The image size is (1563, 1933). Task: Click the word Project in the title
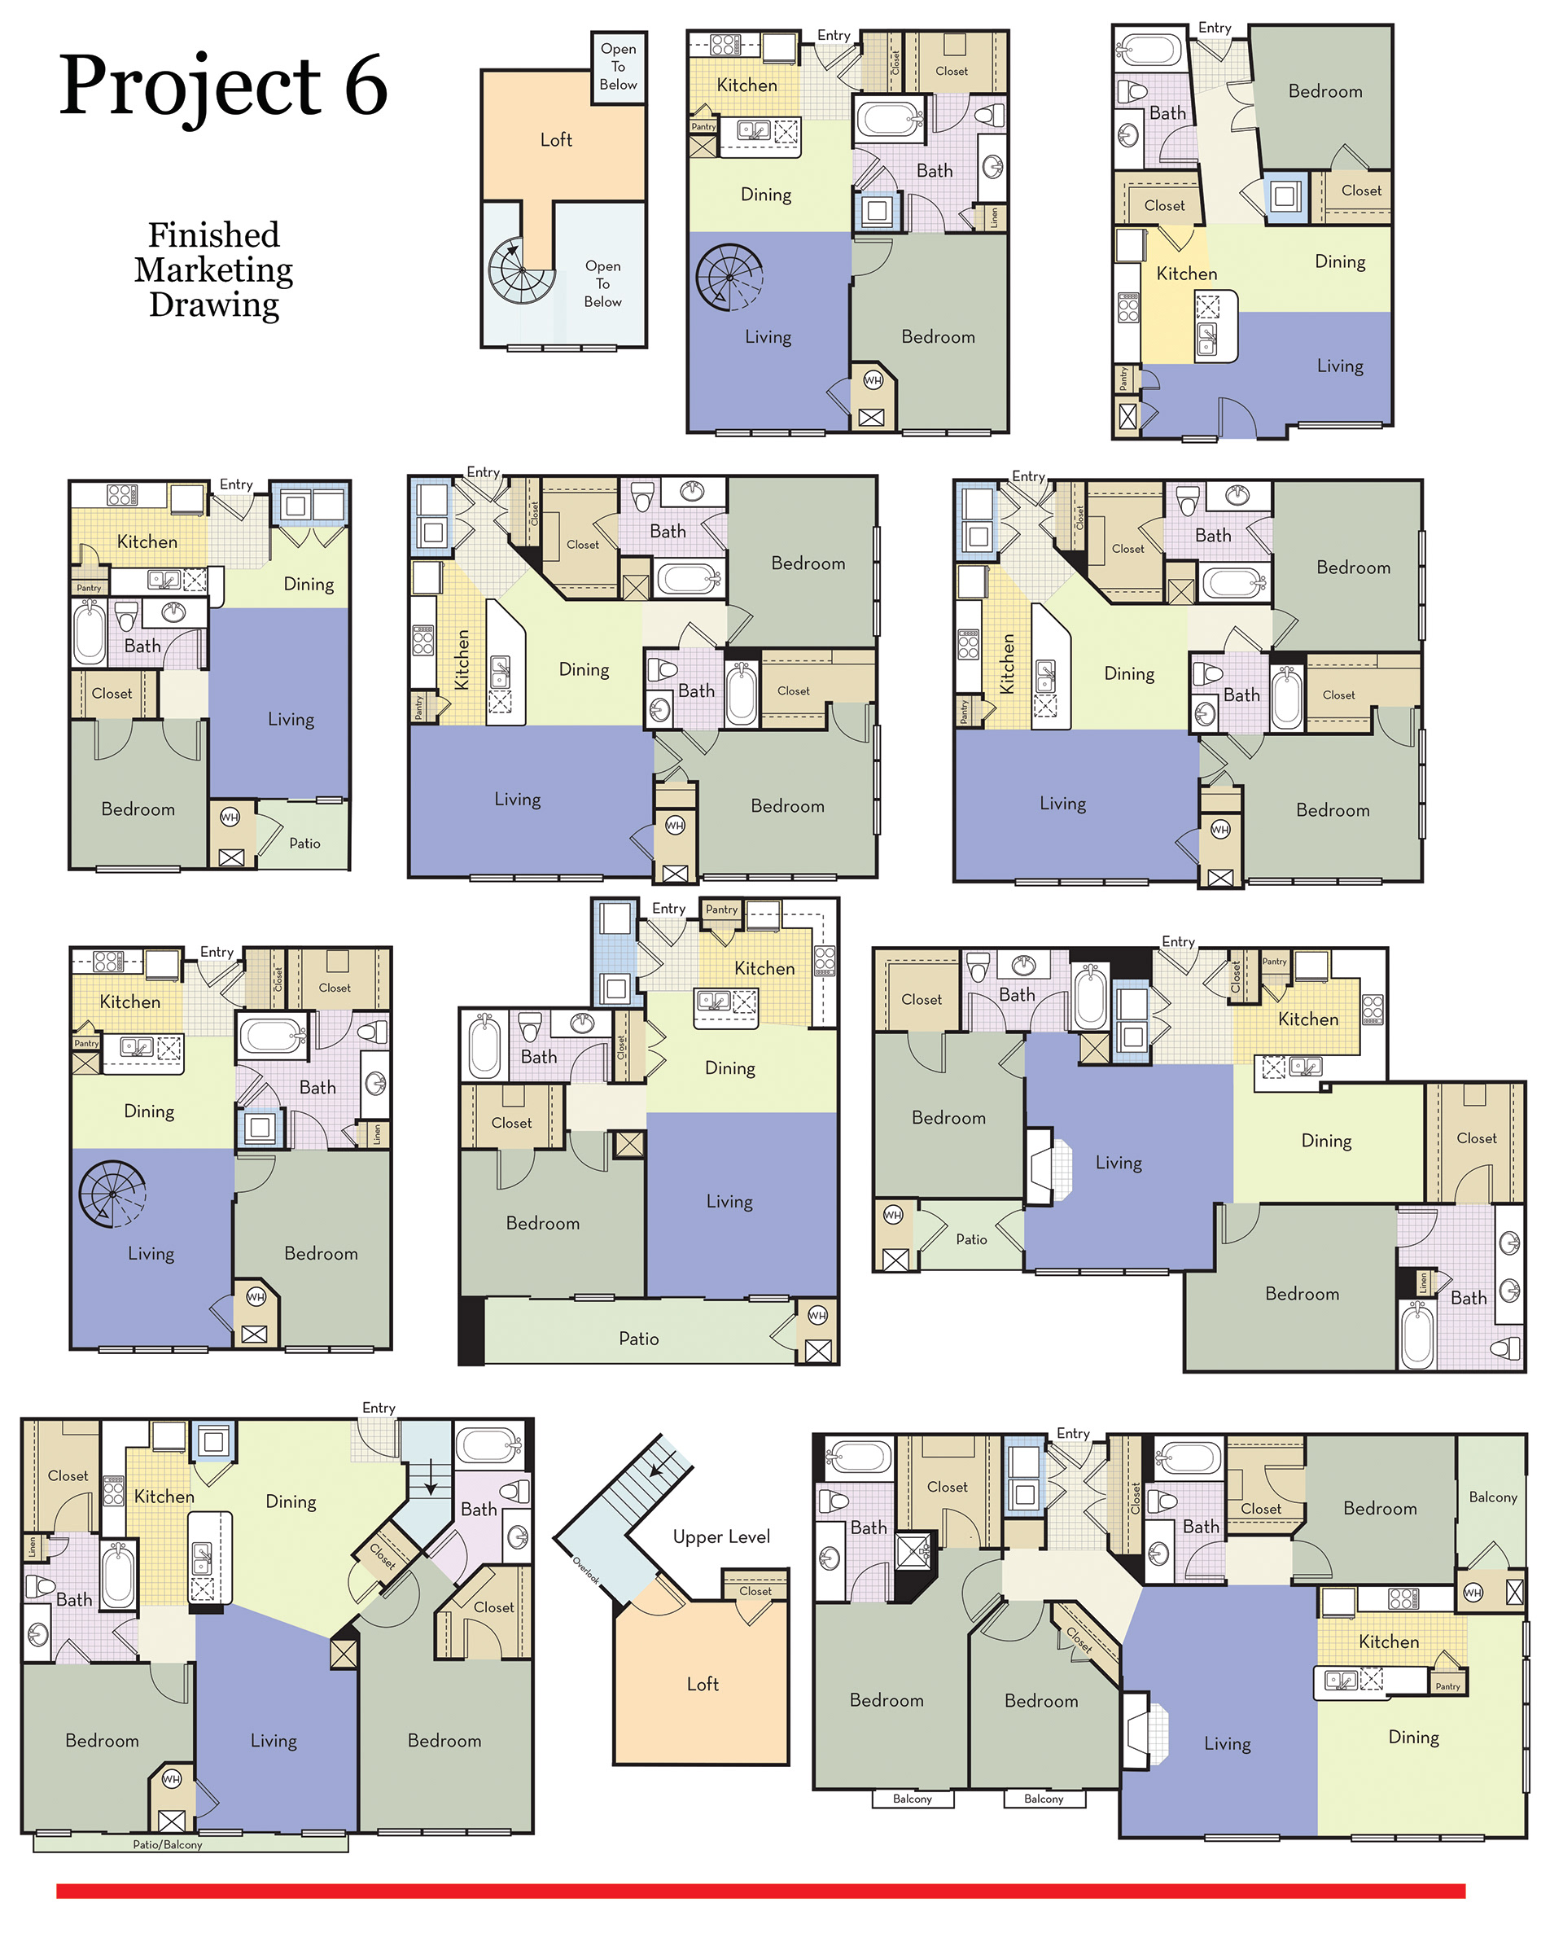pos(190,88)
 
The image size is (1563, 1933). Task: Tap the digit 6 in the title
pos(366,86)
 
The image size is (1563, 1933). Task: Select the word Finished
pos(214,235)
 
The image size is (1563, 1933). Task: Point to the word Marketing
pos(214,271)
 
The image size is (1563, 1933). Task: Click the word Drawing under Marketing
pos(214,305)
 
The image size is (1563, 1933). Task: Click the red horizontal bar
pos(761,1891)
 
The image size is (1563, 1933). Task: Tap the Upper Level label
pos(721,1536)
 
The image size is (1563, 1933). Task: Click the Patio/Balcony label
pos(168,1845)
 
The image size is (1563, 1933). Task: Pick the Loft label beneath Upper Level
pos(703,1684)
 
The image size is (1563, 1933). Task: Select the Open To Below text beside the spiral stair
pos(602,283)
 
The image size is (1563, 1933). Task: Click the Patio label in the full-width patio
pos(638,1339)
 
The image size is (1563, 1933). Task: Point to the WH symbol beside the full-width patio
pos(817,1315)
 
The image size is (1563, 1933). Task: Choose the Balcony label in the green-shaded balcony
pos(1493,1497)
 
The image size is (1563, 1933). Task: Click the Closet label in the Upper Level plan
pos(755,1591)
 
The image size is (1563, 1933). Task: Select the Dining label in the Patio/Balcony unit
pos(291,1501)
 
